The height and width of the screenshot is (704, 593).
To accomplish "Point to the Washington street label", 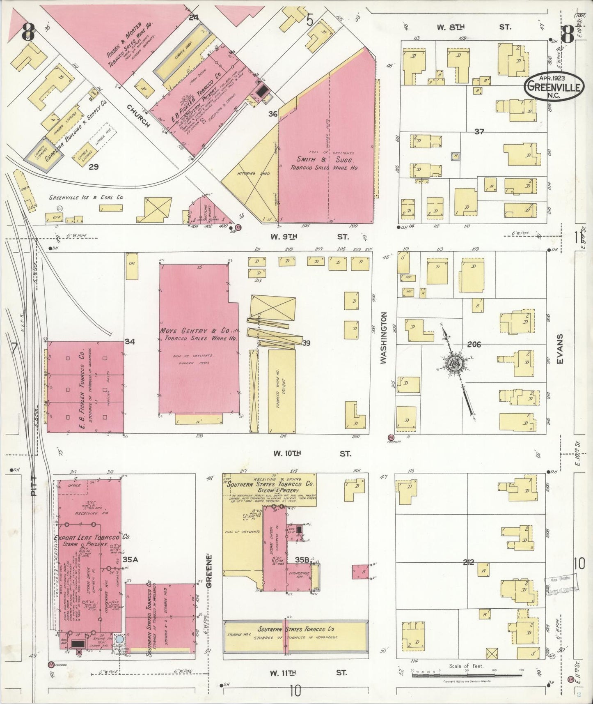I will coord(384,338).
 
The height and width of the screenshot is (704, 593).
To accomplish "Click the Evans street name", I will coord(560,349).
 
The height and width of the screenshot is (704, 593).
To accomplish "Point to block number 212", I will coord(468,562).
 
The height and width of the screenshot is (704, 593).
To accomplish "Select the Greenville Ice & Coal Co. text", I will coord(86,198).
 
